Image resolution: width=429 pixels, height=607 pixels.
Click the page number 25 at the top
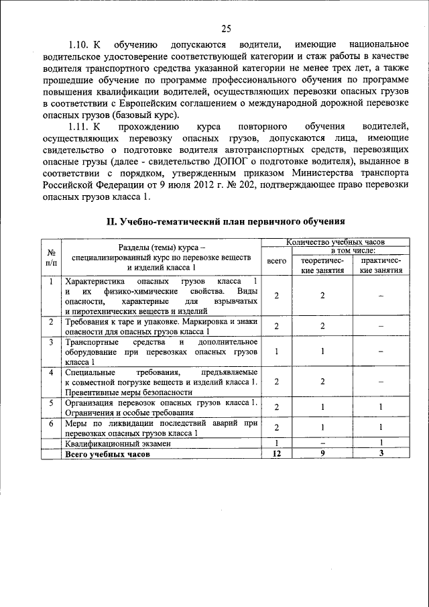(x=226, y=27)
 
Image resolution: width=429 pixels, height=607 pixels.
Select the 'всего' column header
(x=277, y=260)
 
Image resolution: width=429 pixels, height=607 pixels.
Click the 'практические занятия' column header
(x=381, y=265)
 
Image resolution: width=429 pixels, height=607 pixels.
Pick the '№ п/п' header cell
(x=51, y=258)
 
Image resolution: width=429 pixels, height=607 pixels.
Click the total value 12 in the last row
(x=277, y=454)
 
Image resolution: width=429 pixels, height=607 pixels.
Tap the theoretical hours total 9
(x=322, y=454)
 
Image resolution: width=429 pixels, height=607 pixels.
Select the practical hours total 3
(x=381, y=454)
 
